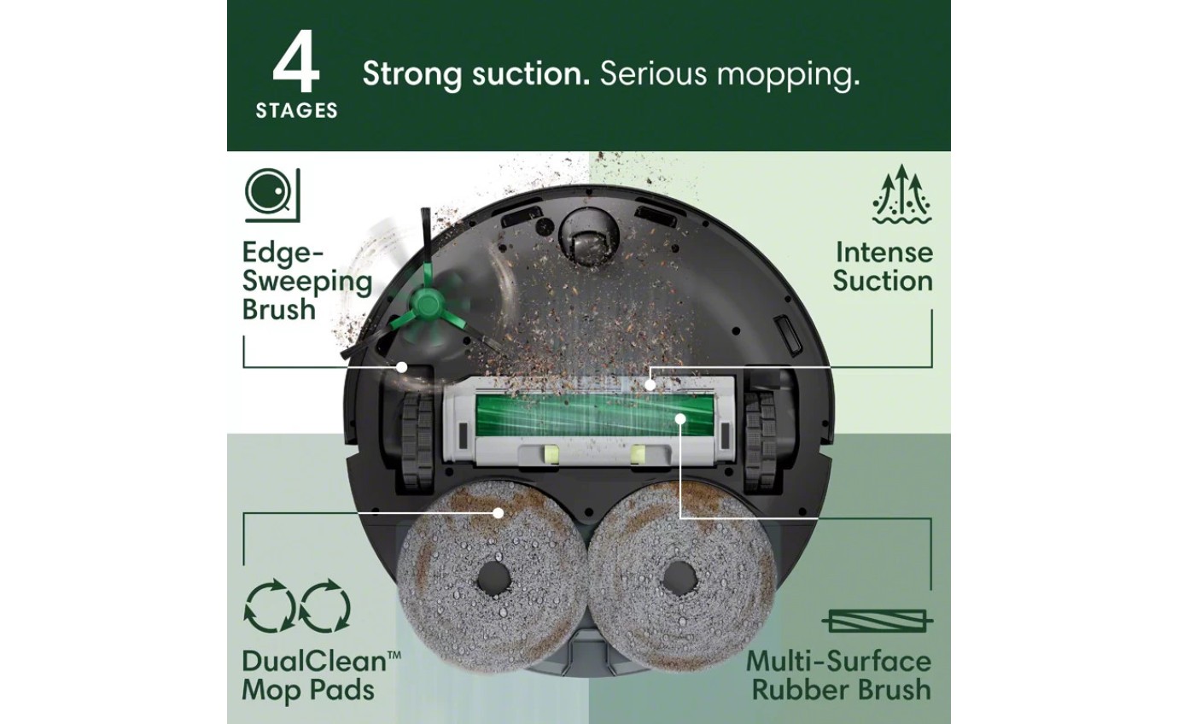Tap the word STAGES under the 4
[x=296, y=111]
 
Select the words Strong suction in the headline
[x=475, y=74]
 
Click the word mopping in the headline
[x=788, y=76]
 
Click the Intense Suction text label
[x=883, y=266]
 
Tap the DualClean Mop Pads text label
[x=321, y=674]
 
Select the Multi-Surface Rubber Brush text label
[x=838, y=674]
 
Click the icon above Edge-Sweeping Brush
[x=272, y=196]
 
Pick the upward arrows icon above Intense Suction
[x=901, y=196]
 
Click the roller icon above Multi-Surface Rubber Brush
[x=877, y=621]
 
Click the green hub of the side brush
[x=424, y=301]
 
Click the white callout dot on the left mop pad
[x=498, y=512]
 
